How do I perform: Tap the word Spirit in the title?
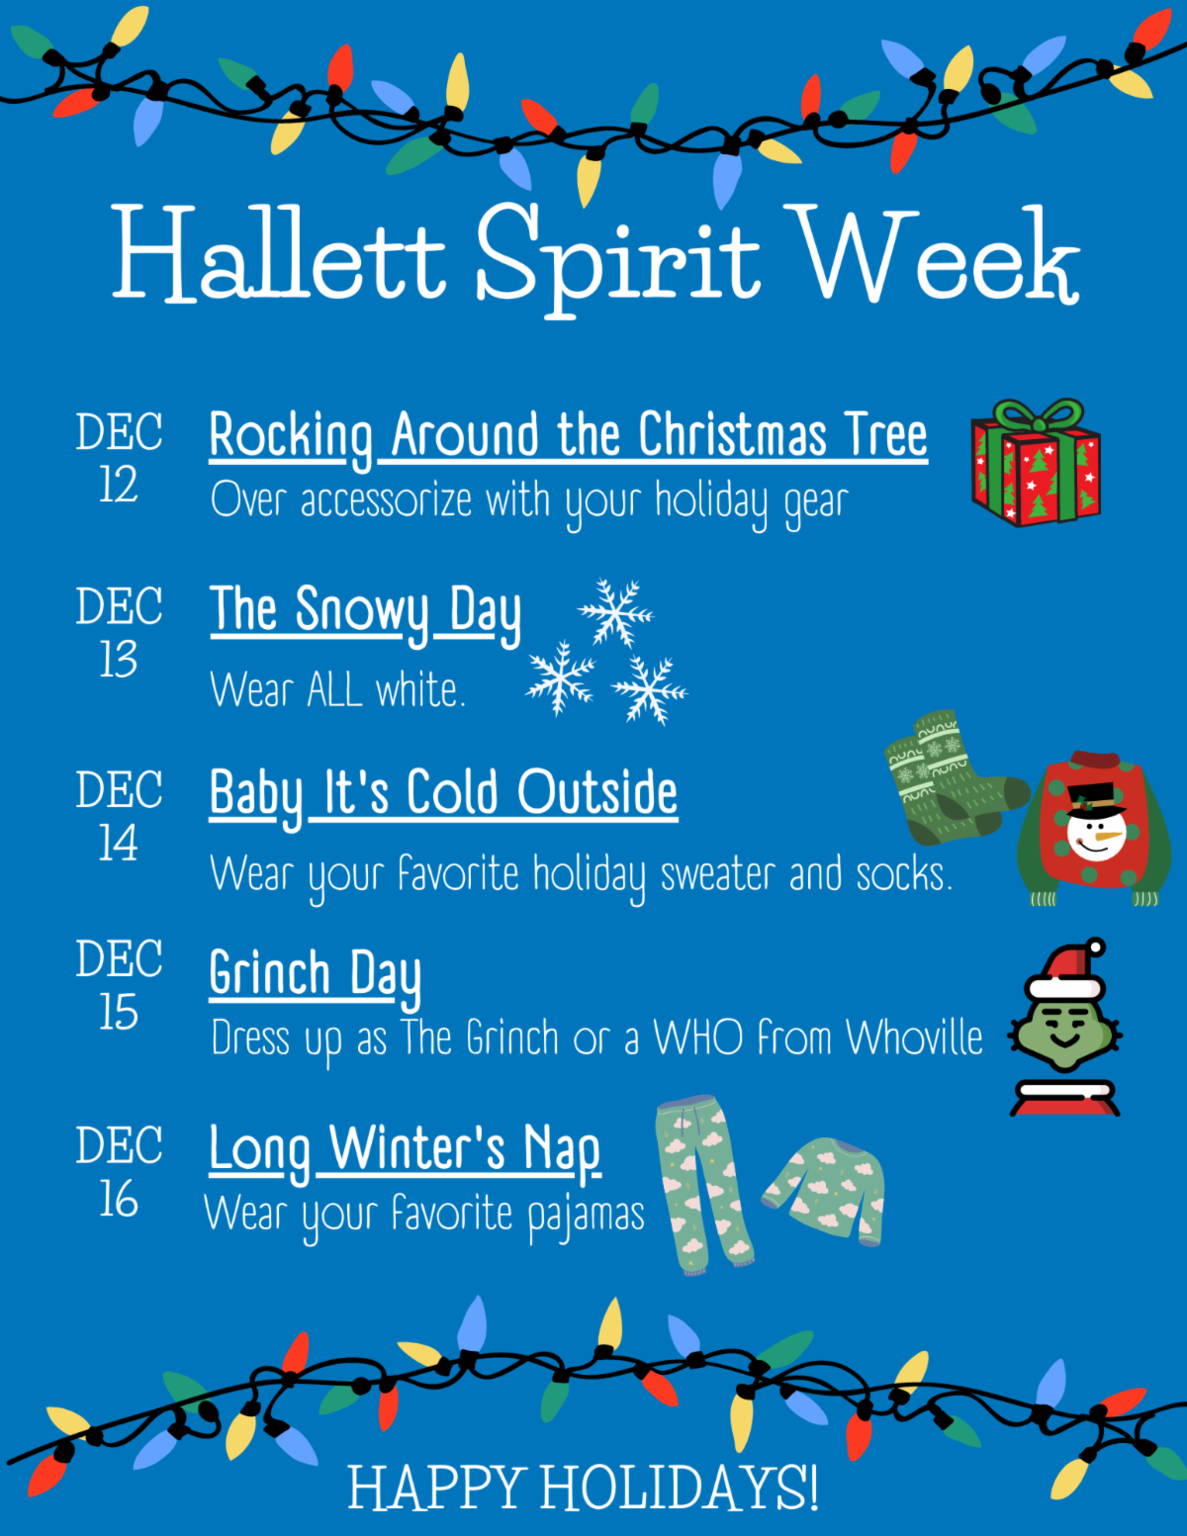[618, 260]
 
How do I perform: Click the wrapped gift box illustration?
[1037, 462]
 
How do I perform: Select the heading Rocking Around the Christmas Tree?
[569, 437]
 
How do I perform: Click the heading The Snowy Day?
[366, 612]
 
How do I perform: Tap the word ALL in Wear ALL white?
[334, 689]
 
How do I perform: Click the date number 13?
[118, 660]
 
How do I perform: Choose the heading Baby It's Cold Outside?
[443, 795]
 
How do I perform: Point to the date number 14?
[118, 843]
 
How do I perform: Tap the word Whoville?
[915, 1039]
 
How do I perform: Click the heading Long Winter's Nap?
[405, 1151]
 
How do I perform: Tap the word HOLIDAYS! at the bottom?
[680, 1488]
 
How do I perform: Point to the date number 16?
[118, 1200]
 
